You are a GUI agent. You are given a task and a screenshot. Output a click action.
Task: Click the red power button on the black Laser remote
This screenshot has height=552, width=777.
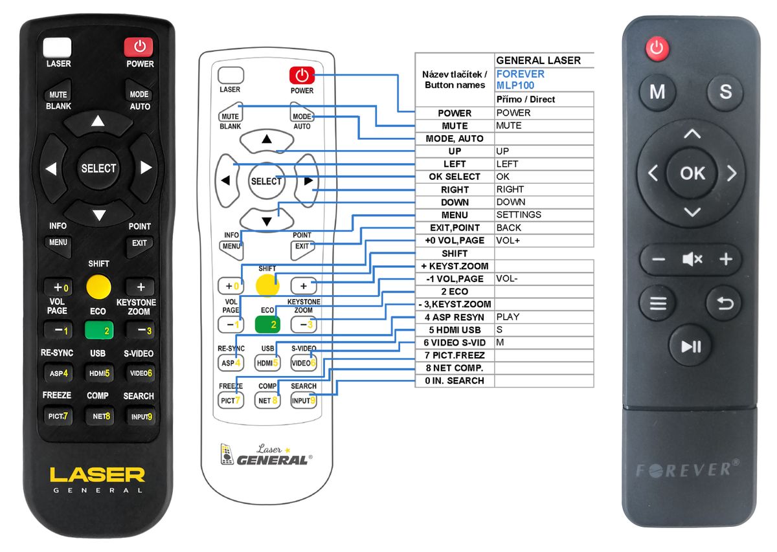tap(139, 47)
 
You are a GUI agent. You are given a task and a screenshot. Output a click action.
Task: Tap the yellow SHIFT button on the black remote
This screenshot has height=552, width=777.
tap(98, 285)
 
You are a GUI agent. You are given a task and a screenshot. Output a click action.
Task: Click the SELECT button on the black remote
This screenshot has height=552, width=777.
tap(98, 168)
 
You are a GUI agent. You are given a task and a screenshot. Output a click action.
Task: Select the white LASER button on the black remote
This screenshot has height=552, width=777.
tap(58, 47)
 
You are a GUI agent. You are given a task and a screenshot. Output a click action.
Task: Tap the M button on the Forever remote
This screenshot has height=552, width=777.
tap(657, 92)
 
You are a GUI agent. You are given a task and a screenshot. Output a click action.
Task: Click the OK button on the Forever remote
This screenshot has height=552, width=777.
tap(692, 173)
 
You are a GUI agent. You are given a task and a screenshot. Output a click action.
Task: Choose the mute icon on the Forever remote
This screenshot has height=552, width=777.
tap(692, 259)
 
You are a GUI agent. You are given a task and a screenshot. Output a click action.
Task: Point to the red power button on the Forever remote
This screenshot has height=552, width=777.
tap(657, 48)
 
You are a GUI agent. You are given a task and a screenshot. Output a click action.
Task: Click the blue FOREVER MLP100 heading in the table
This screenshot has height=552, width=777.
tap(521, 79)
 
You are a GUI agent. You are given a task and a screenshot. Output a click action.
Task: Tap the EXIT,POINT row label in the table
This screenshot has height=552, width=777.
tap(455, 228)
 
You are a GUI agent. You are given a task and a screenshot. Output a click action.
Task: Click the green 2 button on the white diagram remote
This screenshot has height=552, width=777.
tap(267, 324)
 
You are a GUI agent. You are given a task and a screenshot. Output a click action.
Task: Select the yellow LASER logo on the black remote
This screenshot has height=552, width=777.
tap(97, 474)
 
